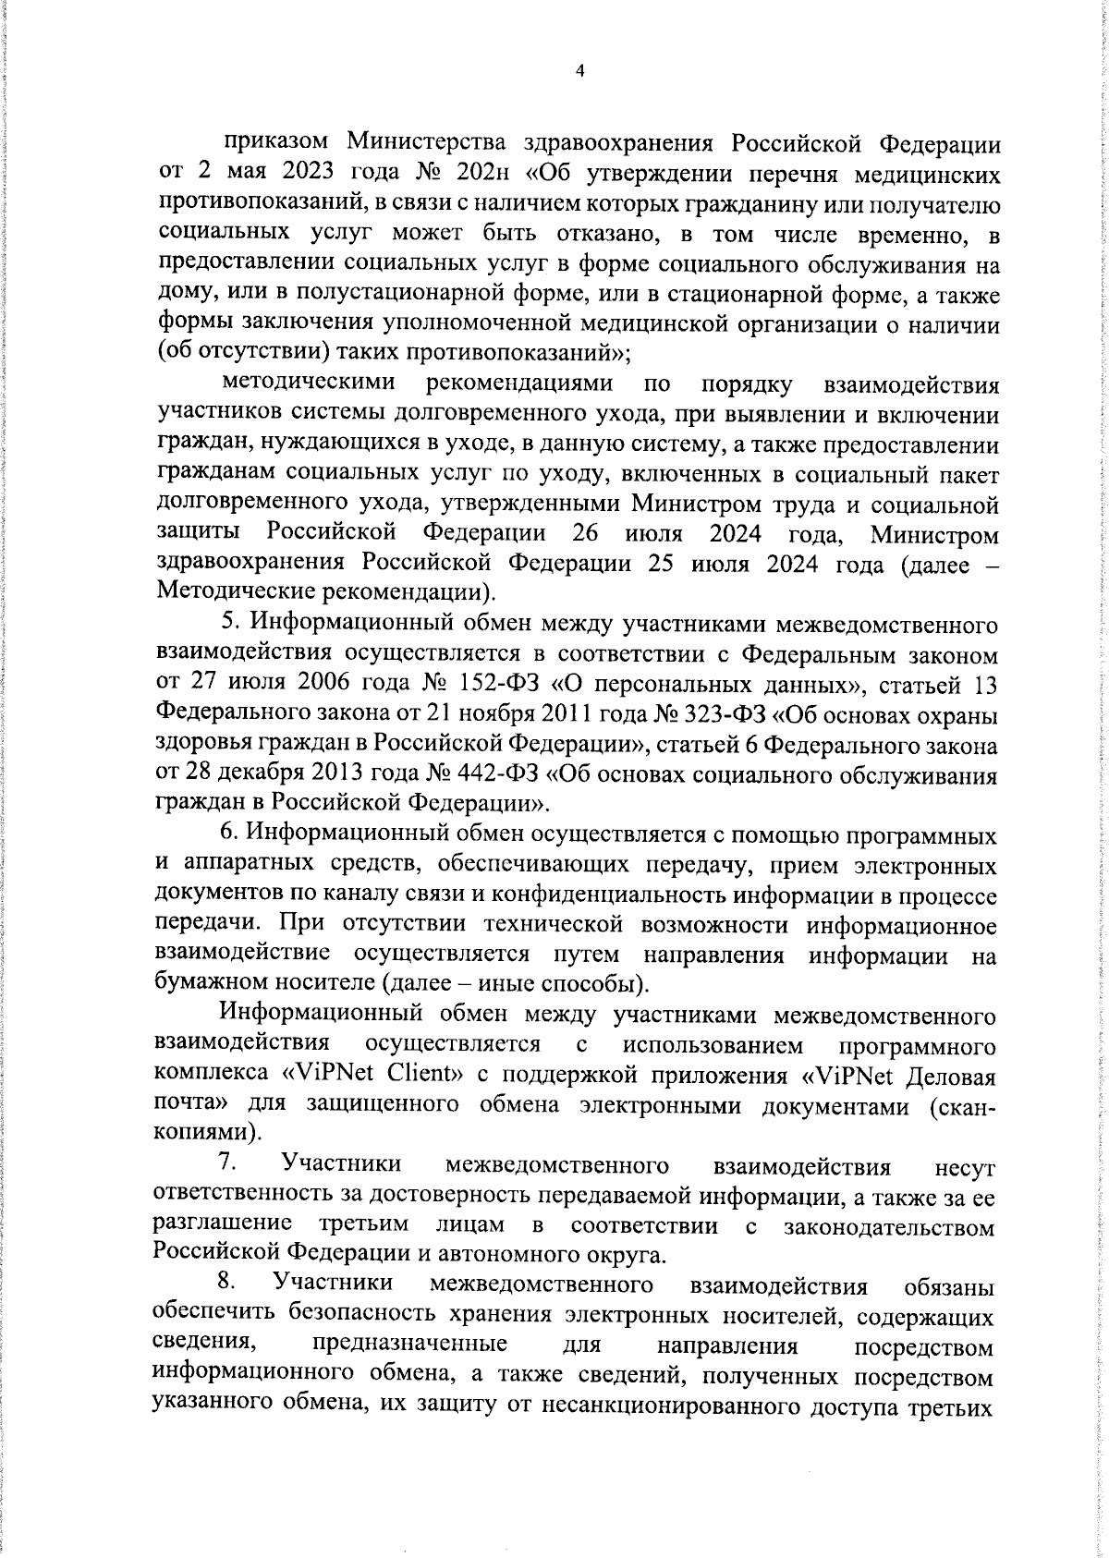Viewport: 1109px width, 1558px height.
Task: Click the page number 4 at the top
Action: tap(580, 71)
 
